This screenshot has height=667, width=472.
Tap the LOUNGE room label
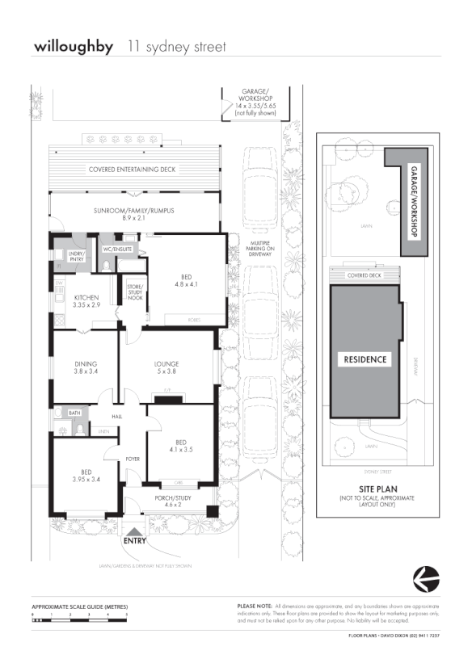167,363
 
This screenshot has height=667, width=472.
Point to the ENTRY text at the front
135,541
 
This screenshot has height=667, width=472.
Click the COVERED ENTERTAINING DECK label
132,170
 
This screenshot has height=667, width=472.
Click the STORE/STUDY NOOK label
135,292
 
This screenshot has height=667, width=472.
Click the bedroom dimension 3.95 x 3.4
85,478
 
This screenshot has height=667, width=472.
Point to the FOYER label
133,459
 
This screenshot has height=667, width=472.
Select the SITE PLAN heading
377,489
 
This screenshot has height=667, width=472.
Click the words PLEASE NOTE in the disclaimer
254,606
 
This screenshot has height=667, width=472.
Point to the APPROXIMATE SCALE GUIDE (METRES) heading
79,606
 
